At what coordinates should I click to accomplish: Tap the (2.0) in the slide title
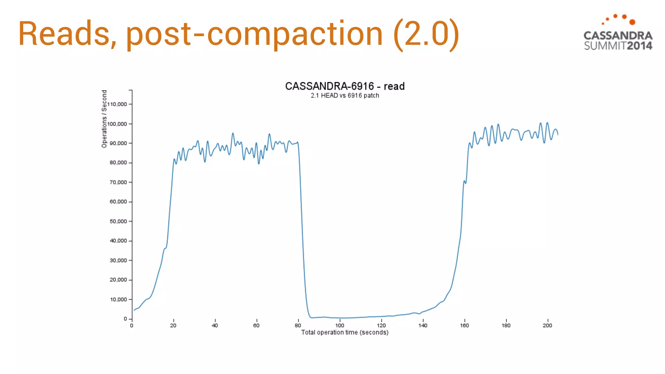pyautogui.click(x=426, y=34)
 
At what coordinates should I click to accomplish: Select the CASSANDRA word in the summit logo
pyautogui.click(x=618, y=35)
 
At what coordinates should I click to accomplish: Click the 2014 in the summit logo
pyautogui.click(x=639, y=46)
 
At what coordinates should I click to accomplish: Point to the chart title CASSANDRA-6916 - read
pyautogui.click(x=345, y=86)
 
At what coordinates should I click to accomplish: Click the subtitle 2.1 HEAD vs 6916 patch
pyautogui.click(x=345, y=95)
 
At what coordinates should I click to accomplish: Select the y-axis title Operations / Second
pyautogui.click(x=104, y=119)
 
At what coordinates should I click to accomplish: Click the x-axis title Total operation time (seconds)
pyautogui.click(x=345, y=332)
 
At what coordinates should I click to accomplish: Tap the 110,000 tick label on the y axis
pyautogui.click(x=117, y=104)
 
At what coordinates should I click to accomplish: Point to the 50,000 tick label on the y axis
pyautogui.click(x=118, y=221)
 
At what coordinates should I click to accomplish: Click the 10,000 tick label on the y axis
pyautogui.click(x=118, y=299)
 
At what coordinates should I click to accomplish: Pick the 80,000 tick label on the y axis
pyautogui.click(x=118, y=163)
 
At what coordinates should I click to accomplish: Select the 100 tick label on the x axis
pyautogui.click(x=340, y=325)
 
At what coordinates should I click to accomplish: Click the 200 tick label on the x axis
pyautogui.click(x=547, y=325)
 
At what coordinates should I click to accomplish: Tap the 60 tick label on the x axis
pyautogui.click(x=257, y=325)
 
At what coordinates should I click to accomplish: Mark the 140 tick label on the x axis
pyautogui.click(x=423, y=325)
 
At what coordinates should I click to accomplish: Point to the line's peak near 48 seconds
pyautogui.click(x=232, y=133)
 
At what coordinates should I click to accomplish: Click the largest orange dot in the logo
pyautogui.click(x=632, y=22)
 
